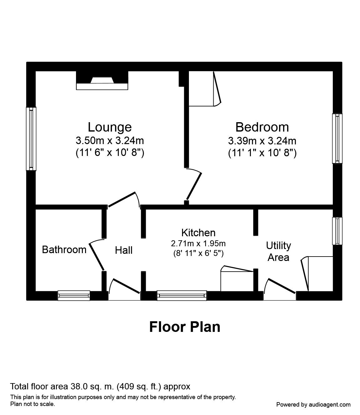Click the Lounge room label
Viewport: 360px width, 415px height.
click(109, 127)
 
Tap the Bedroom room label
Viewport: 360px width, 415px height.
click(262, 127)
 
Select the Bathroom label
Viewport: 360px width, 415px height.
click(64, 250)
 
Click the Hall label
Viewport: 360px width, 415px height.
click(124, 250)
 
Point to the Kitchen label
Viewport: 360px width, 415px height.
click(198, 233)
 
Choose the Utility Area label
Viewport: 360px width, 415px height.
click(278, 252)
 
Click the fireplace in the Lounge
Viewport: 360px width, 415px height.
click(102, 81)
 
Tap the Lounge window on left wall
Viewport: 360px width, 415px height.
click(31, 139)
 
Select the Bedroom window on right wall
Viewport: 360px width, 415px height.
click(337, 138)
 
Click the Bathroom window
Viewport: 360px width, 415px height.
click(74, 295)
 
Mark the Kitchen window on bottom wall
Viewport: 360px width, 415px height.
click(182, 295)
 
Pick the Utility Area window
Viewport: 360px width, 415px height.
click(337, 231)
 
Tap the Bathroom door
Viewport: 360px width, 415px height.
click(97, 255)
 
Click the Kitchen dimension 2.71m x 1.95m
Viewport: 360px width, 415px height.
click(198, 243)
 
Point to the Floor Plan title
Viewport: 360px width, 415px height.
click(185, 327)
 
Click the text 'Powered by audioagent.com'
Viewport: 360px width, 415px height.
click(313, 404)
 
